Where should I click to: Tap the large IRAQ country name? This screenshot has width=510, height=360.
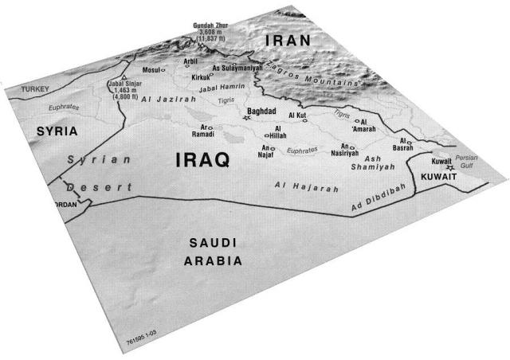[202, 160]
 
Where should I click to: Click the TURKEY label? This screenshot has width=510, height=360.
[36, 89]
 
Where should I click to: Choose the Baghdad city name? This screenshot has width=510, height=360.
[261, 112]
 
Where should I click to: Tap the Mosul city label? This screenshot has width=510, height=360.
[151, 69]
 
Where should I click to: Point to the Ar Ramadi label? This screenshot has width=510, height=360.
[203, 131]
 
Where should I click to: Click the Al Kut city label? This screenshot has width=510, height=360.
[297, 115]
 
